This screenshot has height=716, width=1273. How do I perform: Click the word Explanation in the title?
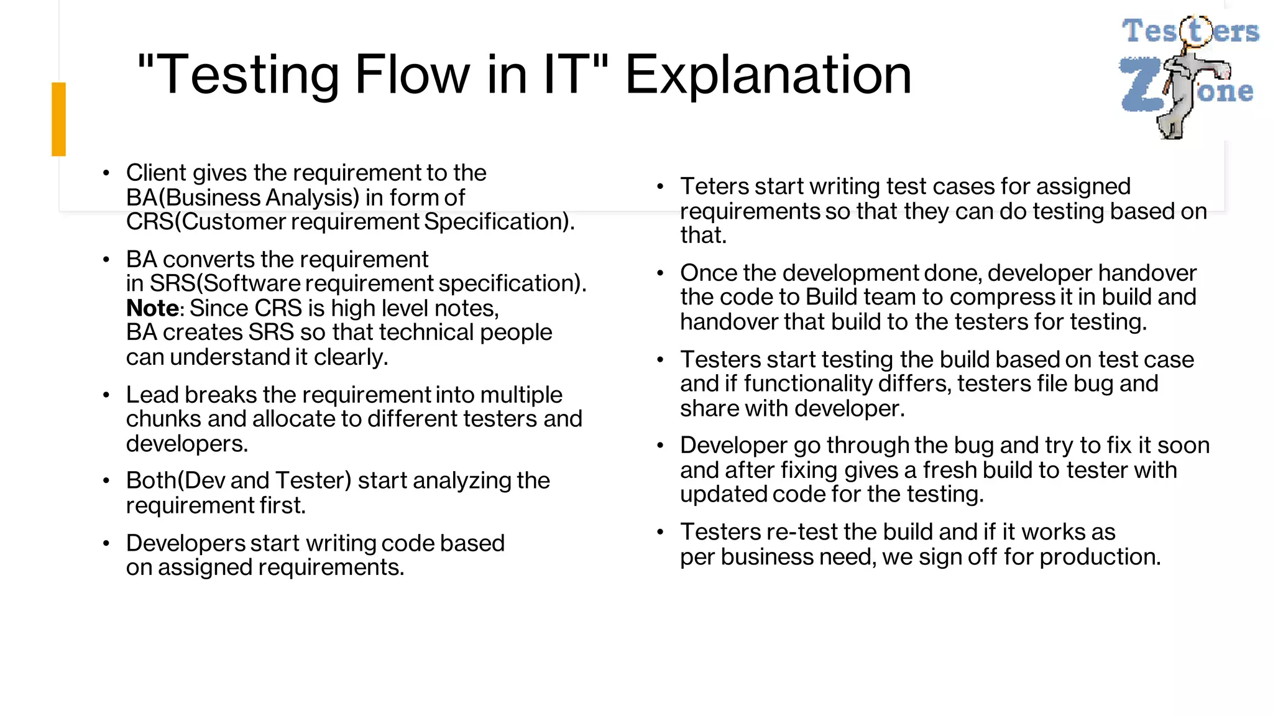[x=768, y=75]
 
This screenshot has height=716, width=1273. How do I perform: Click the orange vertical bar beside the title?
[x=58, y=119]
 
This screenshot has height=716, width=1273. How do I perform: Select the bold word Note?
[x=152, y=308]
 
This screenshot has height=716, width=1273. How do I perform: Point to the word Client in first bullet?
[x=156, y=173]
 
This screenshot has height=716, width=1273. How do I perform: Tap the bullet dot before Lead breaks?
[x=106, y=395]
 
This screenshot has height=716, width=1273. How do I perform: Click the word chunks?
[x=163, y=420]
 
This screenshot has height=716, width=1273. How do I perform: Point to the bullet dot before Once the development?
[x=660, y=273]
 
